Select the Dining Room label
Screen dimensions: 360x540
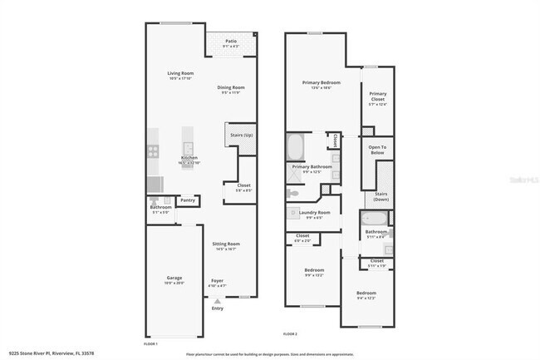[x=232, y=87]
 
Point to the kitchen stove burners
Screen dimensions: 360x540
[x=153, y=150]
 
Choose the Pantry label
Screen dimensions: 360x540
[x=188, y=200]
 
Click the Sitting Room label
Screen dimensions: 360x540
[x=225, y=244]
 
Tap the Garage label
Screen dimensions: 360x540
[x=174, y=278]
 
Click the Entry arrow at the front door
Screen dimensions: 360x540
[x=217, y=300]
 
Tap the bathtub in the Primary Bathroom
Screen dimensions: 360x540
[x=296, y=148]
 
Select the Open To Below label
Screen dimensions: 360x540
[x=377, y=150]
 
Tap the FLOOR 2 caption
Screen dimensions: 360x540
[x=290, y=333]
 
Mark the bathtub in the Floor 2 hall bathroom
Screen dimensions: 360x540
[x=374, y=219]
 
